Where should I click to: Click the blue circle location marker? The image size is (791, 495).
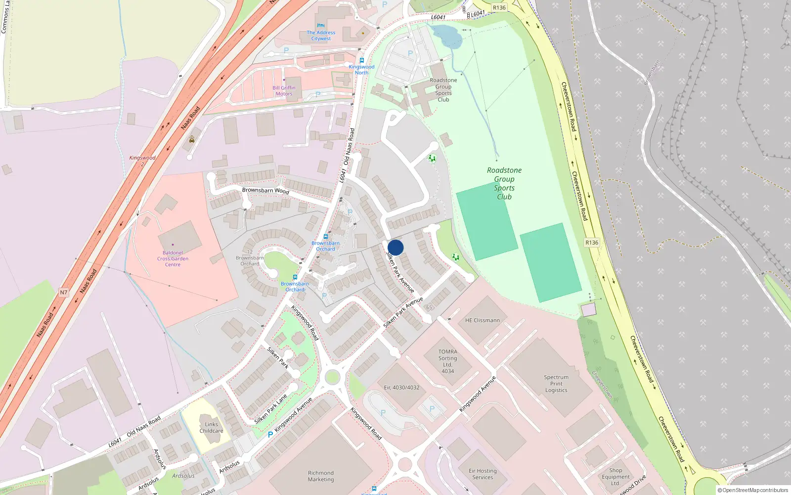tap(395, 247)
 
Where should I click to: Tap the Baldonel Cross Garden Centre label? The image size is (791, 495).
tap(173, 258)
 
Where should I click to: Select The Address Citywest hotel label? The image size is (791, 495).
tap(321, 35)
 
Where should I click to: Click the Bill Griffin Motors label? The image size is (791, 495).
tap(284, 91)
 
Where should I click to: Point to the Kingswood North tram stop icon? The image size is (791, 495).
tap(361, 60)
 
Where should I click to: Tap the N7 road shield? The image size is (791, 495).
tap(64, 293)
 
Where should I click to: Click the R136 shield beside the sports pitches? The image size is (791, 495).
tap(592, 243)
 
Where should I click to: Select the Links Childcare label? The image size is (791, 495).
tap(211, 427)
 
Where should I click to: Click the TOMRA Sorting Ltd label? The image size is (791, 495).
tap(447, 361)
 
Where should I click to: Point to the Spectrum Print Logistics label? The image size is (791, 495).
tap(556, 384)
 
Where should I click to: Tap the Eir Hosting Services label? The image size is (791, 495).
tap(483, 474)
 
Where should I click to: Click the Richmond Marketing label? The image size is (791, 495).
tap(321, 476)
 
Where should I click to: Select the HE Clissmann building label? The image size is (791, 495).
tap(482, 320)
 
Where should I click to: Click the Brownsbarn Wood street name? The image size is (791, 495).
tap(265, 191)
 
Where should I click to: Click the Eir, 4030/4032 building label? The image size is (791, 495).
tap(401, 388)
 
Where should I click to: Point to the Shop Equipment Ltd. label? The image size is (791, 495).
tap(615, 477)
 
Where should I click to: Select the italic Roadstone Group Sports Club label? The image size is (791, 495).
tap(504, 183)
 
